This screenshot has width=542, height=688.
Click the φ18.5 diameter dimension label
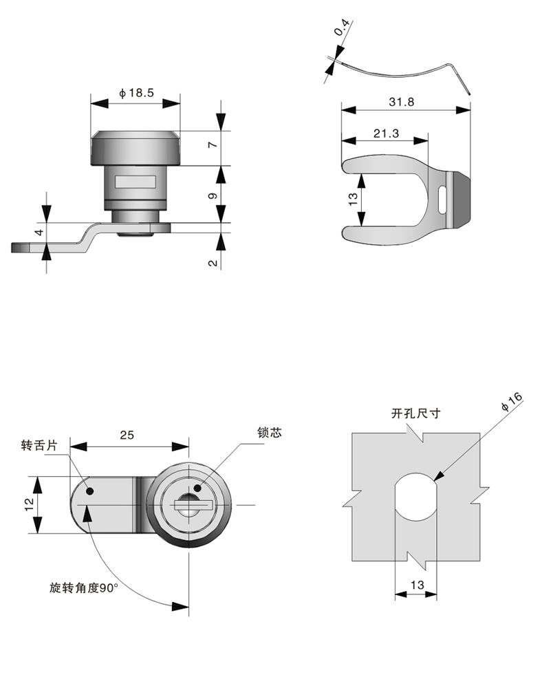pyautogui.click(x=135, y=93)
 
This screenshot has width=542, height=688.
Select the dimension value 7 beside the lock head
pyautogui.click(x=213, y=145)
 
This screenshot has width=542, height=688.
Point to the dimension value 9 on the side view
pyautogui.click(x=213, y=195)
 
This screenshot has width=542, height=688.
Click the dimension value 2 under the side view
pyautogui.click(x=213, y=262)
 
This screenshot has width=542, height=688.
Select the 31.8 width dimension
pyautogui.click(x=401, y=101)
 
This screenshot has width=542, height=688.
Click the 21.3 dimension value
pyautogui.click(x=387, y=133)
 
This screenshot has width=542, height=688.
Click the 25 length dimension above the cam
pyautogui.click(x=127, y=435)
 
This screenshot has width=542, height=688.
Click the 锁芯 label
pyautogui.click(x=270, y=433)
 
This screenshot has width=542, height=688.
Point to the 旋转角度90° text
pyautogui.click(x=83, y=588)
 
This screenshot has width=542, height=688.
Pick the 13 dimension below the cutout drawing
pyautogui.click(x=416, y=584)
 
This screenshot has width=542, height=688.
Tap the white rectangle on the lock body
pyautogui.click(x=135, y=182)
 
